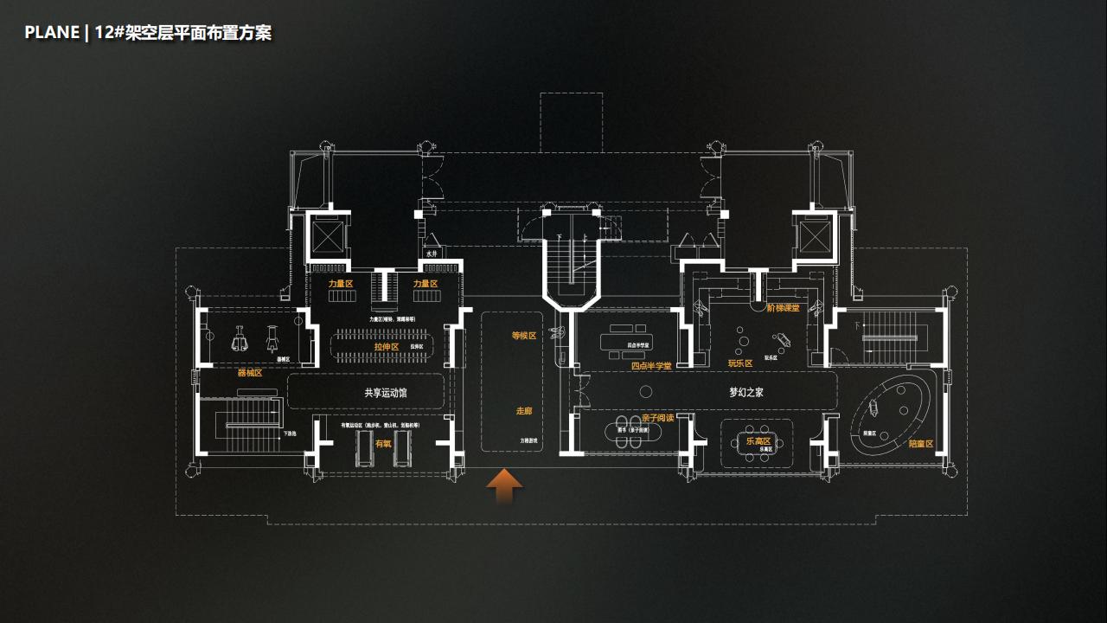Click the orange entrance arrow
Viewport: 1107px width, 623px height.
pos(504,487)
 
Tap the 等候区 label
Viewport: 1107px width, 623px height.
pos(524,336)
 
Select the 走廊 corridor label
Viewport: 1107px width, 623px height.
pos(524,412)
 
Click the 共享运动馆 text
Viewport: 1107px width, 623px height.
pos(385,393)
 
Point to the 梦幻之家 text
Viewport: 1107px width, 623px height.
pos(745,392)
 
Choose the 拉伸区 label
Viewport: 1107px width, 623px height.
pos(387,346)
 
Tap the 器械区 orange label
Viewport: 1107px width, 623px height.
pos(250,373)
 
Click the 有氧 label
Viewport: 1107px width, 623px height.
pos(382,443)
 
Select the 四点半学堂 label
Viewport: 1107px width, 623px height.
pos(651,366)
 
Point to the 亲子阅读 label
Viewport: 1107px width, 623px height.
pos(657,418)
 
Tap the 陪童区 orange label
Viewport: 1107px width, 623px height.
pos(921,444)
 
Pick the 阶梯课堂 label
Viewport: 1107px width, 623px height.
pos(783,307)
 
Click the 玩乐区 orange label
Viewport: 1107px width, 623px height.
pos(740,364)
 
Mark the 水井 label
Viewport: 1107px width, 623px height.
pos(431,254)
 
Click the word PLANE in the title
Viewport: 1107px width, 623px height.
pos(52,33)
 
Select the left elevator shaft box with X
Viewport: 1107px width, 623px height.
pos(328,235)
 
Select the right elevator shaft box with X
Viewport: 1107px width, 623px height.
pos(814,235)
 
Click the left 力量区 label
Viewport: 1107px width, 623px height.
pos(341,283)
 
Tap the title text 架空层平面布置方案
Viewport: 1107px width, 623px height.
pos(198,33)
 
